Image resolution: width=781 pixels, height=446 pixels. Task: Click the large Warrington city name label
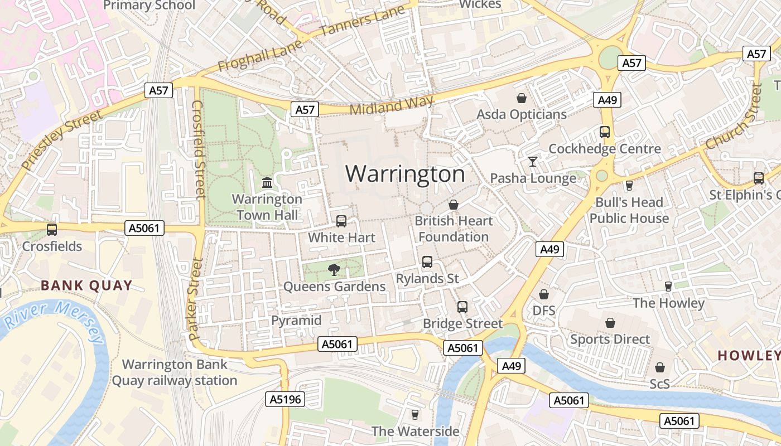(405, 174)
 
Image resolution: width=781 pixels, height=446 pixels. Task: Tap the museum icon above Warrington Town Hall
(267, 183)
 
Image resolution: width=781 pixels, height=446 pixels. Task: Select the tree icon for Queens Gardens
(334, 270)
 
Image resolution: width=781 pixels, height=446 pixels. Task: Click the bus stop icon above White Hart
(341, 221)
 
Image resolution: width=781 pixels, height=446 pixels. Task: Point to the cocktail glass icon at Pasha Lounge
(533, 162)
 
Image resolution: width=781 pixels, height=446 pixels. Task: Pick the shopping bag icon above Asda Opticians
(522, 99)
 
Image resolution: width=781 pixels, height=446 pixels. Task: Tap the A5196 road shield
(285, 399)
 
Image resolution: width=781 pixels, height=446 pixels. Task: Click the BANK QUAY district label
(86, 286)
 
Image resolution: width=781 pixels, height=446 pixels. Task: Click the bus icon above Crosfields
(52, 229)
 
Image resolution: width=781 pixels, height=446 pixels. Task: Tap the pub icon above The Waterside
(414, 415)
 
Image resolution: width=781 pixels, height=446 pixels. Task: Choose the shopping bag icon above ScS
(660, 367)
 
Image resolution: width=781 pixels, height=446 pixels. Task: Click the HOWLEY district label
(748, 355)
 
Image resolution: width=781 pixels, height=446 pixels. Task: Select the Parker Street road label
(195, 299)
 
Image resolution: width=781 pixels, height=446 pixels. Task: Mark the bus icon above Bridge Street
(462, 307)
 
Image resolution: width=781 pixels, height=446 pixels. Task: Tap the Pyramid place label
(296, 321)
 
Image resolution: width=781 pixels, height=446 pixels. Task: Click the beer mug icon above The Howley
(668, 287)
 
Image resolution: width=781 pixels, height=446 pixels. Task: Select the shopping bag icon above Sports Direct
(610, 323)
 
